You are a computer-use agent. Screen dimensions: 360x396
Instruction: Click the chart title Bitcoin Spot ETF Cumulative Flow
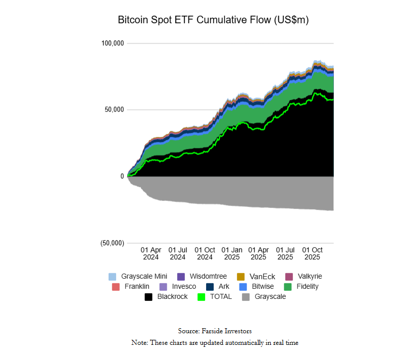[213, 20]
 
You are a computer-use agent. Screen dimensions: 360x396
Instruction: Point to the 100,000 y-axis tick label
[113, 43]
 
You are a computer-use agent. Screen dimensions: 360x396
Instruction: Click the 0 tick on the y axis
[122, 176]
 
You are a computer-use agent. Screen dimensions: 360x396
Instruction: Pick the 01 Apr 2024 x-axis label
[151, 253]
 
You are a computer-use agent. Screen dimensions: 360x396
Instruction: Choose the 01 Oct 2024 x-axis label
[205, 253]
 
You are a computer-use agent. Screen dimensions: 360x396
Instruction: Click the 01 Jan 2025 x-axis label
[232, 253]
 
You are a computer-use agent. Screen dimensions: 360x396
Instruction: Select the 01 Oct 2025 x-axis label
[312, 253]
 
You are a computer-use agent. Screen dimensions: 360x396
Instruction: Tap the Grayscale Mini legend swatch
[113, 277]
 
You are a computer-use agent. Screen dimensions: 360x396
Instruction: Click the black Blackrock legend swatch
[148, 297]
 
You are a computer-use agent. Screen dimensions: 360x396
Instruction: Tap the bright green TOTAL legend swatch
[202, 297]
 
